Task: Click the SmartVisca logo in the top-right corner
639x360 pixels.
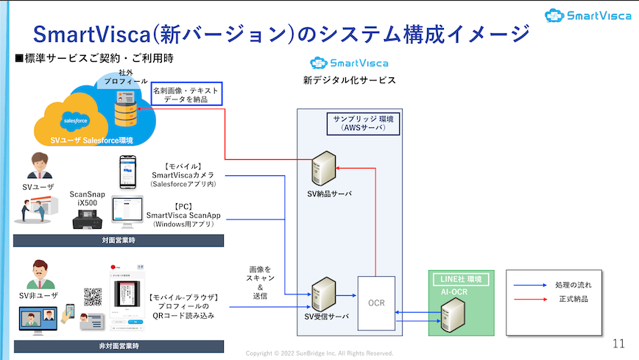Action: point(588,15)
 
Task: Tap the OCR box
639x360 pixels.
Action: point(376,302)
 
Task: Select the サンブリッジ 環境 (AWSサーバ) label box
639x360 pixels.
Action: point(364,123)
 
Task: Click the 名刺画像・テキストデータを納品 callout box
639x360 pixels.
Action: point(186,93)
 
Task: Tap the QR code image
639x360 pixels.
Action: point(93,296)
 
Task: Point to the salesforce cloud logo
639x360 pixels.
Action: point(77,119)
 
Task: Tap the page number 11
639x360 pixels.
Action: point(619,344)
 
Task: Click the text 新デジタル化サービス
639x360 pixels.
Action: point(349,80)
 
